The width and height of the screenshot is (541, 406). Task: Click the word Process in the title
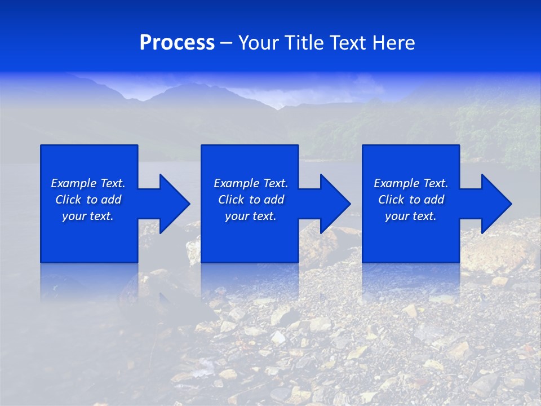(x=177, y=43)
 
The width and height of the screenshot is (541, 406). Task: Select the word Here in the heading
(x=393, y=43)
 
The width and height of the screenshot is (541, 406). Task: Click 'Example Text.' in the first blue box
(x=88, y=183)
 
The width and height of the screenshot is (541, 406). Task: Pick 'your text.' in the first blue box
(x=88, y=216)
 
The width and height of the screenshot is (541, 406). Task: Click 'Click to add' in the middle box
(x=251, y=200)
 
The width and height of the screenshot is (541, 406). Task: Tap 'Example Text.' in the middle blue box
(x=251, y=183)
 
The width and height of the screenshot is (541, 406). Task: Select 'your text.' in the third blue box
(x=411, y=216)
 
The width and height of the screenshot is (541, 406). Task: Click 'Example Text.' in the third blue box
(x=411, y=183)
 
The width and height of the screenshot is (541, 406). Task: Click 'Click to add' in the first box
(x=88, y=200)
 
